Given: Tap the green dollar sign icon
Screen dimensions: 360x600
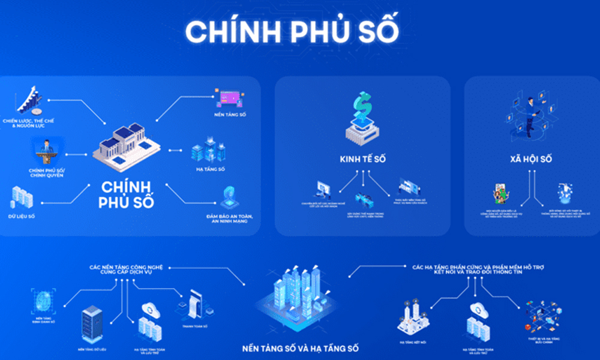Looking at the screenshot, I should pyautogui.click(x=362, y=107).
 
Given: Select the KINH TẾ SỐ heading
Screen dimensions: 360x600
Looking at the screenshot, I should pyautogui.click(x=362, y=160).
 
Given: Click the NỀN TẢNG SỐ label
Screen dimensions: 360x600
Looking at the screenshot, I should pyautogui.click(x=230, y=114).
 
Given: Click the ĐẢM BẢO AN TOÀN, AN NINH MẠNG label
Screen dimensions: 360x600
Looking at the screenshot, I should pyautogui.click(x=230, y=219).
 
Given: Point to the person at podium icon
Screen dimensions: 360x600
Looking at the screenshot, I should pyautogui.click(x=46, y=152).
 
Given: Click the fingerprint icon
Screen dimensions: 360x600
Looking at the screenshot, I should pyautogui.click(x=44, y=299).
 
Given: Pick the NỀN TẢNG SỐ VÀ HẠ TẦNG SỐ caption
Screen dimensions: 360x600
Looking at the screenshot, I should pyautogui.click(x=301, y=348).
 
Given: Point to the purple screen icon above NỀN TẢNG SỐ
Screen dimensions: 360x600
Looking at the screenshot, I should pyautogui.click(x=230, y=97).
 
